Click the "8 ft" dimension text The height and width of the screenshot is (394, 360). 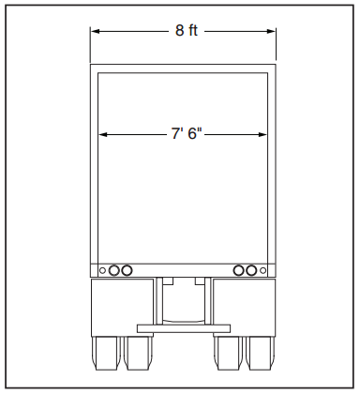coord(187,31)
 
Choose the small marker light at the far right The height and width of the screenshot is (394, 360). coord(263,270)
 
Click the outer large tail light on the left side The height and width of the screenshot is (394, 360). coord(114,270)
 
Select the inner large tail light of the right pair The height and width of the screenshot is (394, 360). coord(239,270)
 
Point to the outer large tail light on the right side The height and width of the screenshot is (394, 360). coord(251,270)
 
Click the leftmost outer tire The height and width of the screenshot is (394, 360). coord(107,355)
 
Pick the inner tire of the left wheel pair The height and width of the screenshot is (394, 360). coord(138,355)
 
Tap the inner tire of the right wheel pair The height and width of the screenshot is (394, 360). coord(228,355)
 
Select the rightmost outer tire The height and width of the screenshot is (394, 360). coord(259,355)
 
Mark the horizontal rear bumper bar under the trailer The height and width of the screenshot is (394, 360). coord(183,327)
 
